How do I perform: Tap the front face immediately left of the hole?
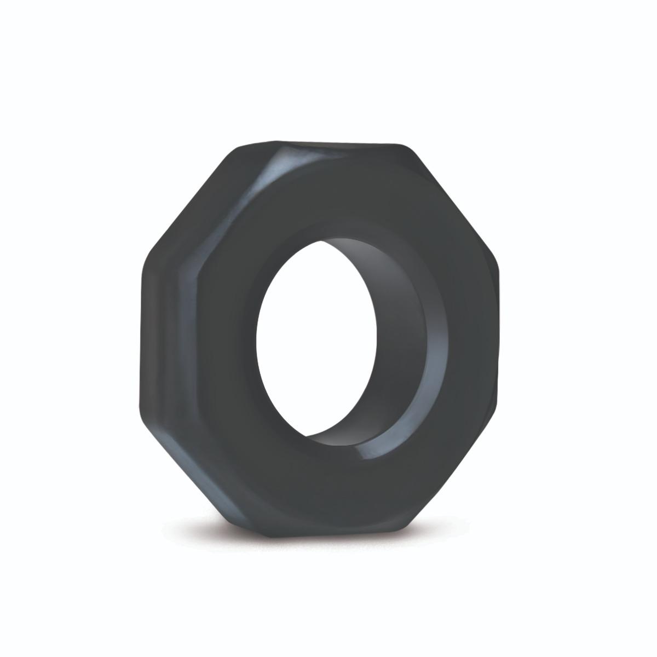pos(219,339)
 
